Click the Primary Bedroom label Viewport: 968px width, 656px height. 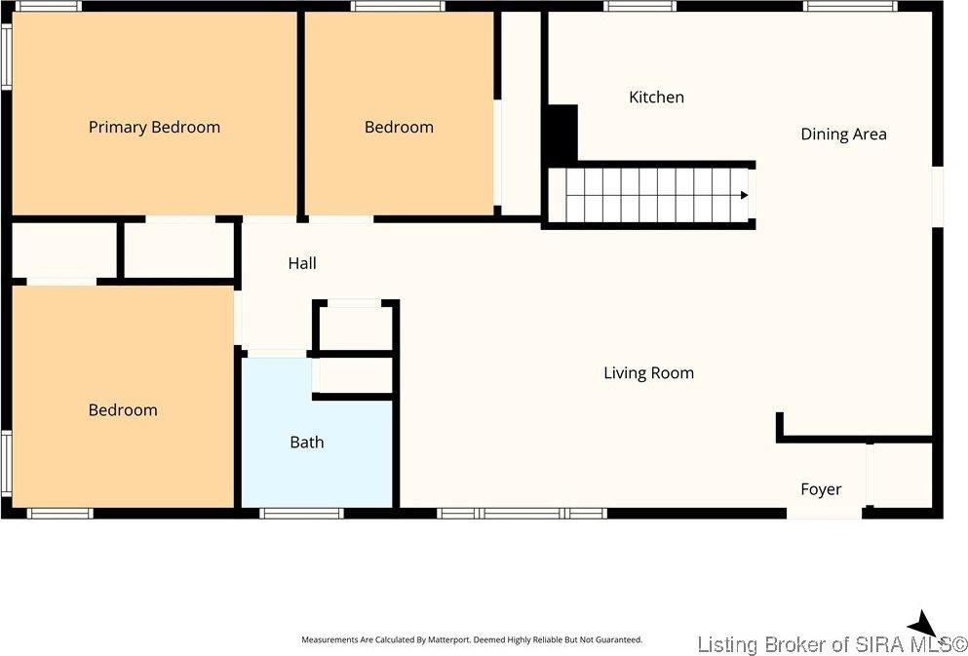[154, 127]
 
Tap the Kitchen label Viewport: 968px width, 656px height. [656, 96]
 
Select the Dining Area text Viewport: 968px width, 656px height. [843, 134]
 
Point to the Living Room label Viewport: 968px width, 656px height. [649, 372]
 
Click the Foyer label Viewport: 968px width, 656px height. [821, 489]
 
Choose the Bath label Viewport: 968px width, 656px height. [307, 442]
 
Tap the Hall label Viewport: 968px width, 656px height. [302, 263]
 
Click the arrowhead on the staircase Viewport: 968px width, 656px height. [745, 195]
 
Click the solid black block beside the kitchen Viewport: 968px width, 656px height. [562, 134]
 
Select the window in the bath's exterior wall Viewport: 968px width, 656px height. [301, 513]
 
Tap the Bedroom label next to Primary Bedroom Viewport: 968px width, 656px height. [399, 127]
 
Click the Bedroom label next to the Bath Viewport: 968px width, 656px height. [123, 409]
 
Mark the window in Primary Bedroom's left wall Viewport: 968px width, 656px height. [6, 57]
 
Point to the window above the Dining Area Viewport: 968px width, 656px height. [850, 6]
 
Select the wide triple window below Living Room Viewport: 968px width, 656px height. [522, 513]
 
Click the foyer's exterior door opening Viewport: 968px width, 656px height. [824, 513]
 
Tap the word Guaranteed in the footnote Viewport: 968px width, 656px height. [622, 640]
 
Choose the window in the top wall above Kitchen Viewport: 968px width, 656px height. [639, 6]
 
